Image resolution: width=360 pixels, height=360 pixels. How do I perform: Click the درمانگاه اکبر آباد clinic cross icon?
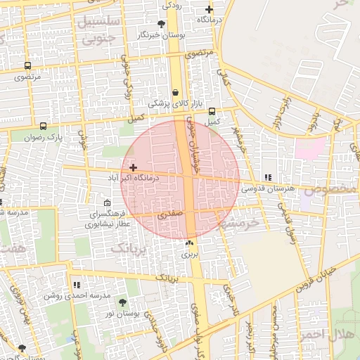tap(133, 167)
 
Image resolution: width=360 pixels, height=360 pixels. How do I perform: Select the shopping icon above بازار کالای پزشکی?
tap(175, 92)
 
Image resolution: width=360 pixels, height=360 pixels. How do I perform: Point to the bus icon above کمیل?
tap(212, 110)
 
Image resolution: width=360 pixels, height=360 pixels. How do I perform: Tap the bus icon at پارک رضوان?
tap(44, 127)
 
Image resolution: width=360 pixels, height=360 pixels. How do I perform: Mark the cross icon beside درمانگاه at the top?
tap(209, 10)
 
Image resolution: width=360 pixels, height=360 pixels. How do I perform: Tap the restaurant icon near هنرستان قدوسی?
tap(267, 177)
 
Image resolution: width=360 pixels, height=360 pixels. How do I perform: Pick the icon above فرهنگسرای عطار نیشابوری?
tap(107, 203)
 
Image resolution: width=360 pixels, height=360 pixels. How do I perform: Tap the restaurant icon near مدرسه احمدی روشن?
tap(77, 285)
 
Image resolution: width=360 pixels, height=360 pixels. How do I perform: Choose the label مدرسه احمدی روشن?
tap(77, 296)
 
